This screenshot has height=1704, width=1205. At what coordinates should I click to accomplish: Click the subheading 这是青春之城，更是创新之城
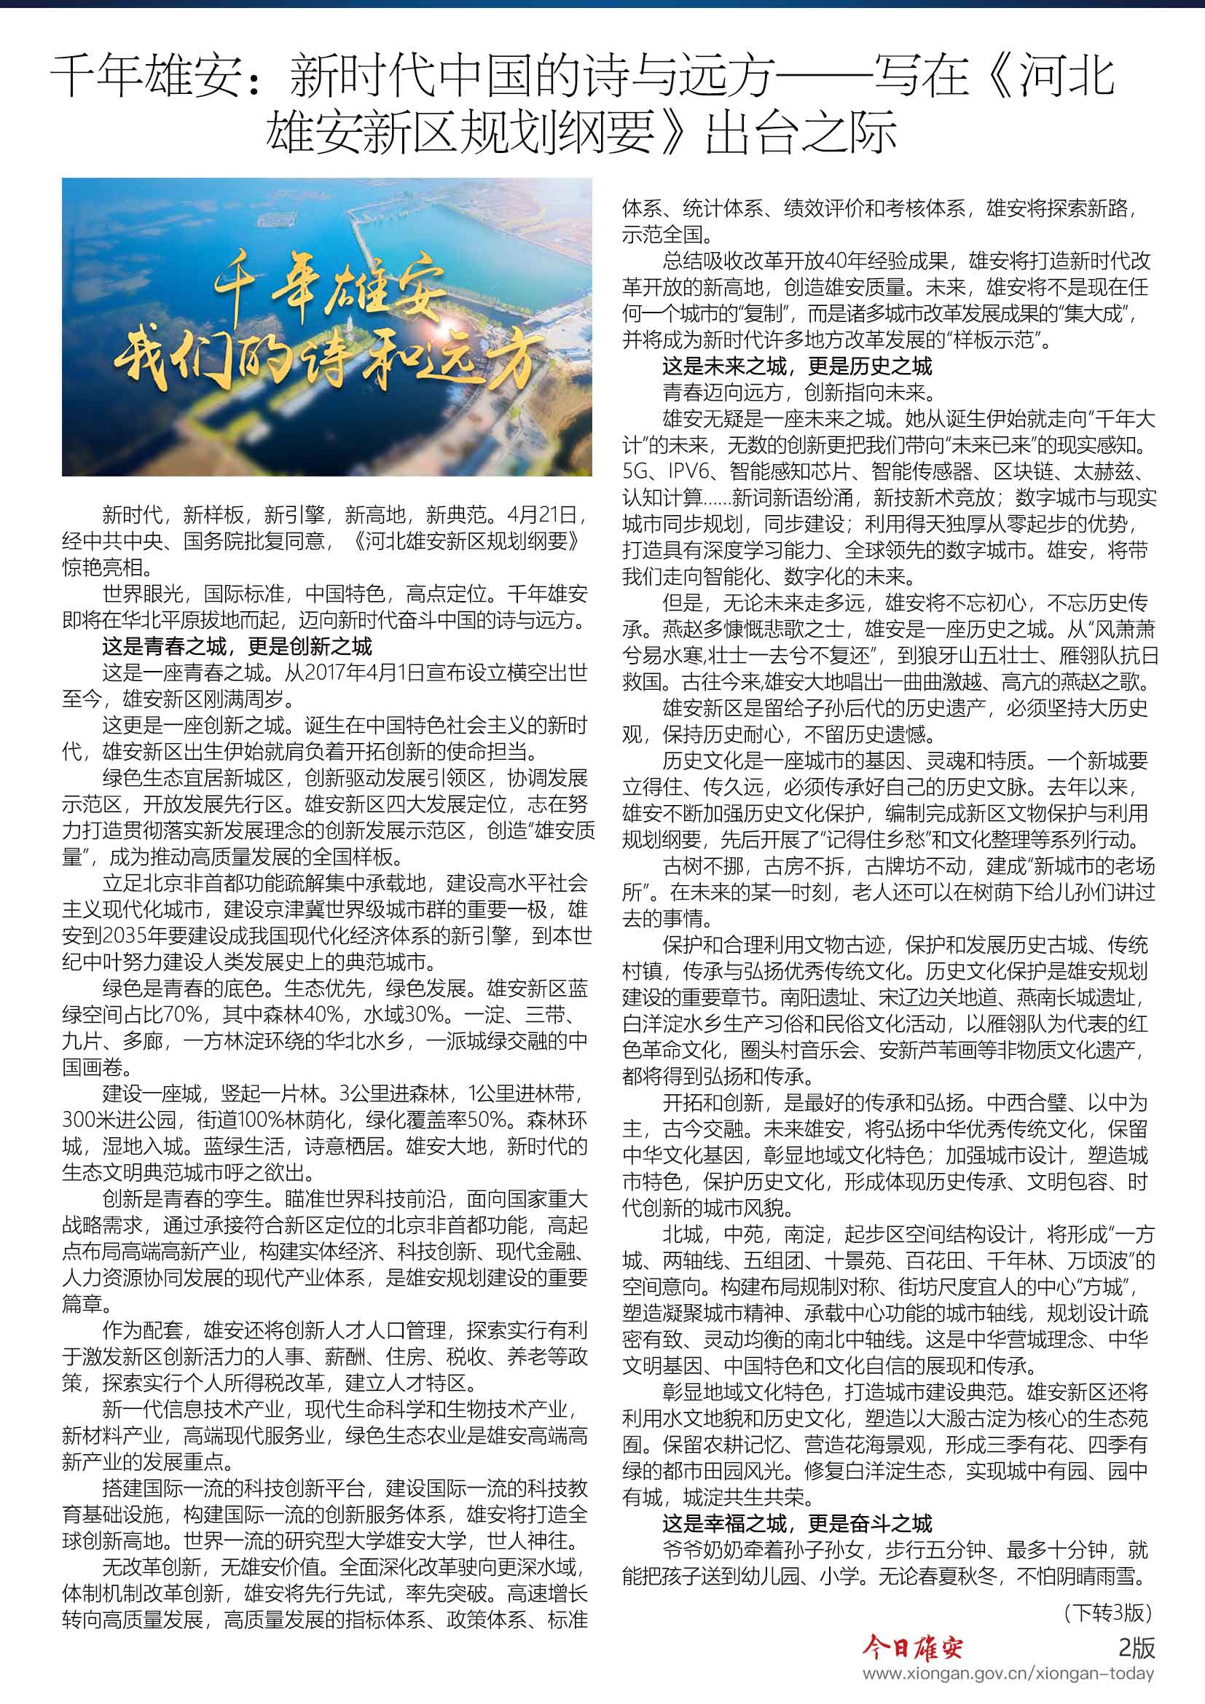(237, 646)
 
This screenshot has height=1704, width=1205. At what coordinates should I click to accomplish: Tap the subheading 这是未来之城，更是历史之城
(797, 366)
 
